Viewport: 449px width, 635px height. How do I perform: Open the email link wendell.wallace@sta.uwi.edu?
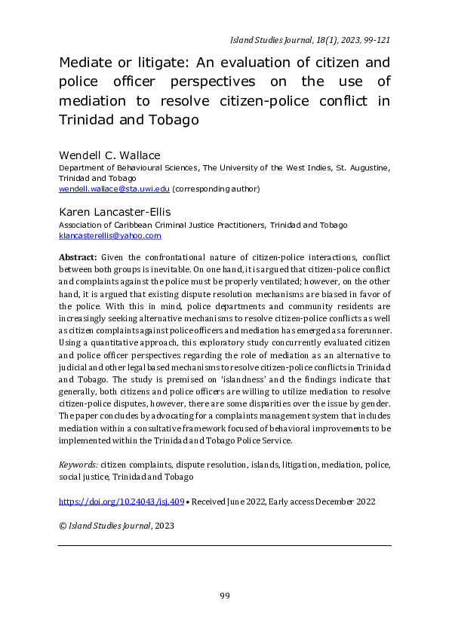coord(115,188)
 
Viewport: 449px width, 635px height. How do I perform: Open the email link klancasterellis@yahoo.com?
coord(110,235)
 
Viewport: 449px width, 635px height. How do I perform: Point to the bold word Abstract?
coord(78,257)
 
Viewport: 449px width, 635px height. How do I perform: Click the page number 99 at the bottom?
coord(224,596)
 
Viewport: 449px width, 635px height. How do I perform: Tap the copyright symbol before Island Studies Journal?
coord(63,526)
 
